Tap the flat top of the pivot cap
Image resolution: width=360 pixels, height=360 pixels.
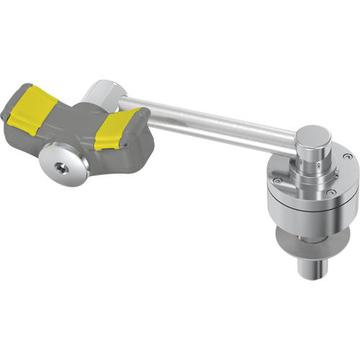point(314,134)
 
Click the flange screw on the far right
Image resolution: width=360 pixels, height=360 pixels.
point(348,158)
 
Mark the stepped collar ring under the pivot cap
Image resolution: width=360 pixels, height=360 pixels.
point(315,171)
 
